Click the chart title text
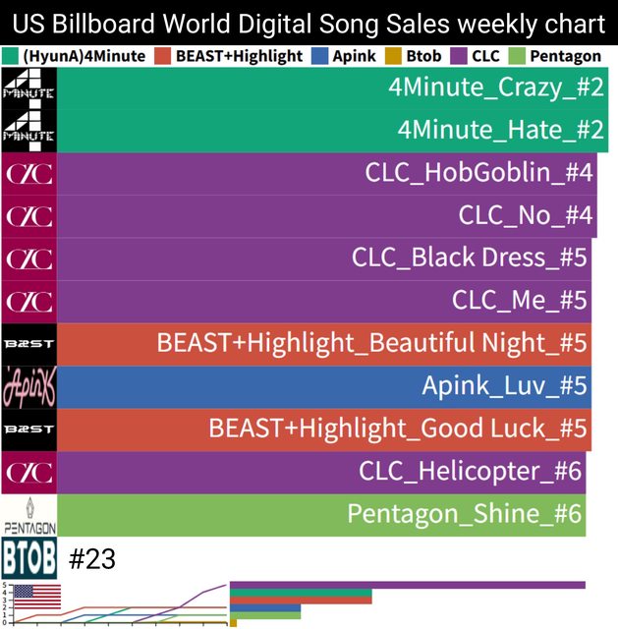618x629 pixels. coord(309,23)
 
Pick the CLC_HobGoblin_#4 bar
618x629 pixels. coord(327,173)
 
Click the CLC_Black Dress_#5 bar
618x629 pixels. coord(324,258)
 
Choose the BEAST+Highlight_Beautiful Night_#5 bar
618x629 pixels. coord(324,344)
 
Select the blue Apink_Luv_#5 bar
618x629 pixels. coord(324,386)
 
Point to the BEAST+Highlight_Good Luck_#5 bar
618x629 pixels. coord(324,429)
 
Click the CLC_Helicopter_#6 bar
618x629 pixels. coord(321,472)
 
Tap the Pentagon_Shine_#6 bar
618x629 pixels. coord(321,515)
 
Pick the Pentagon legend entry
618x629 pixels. coord(557,56)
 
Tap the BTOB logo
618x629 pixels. coord(29,558)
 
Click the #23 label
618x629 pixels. coord(93,559)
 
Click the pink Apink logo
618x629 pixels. coord(29,386)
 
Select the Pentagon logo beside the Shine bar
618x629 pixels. coord(29,515)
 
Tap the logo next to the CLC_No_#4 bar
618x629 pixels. coord(29,216)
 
